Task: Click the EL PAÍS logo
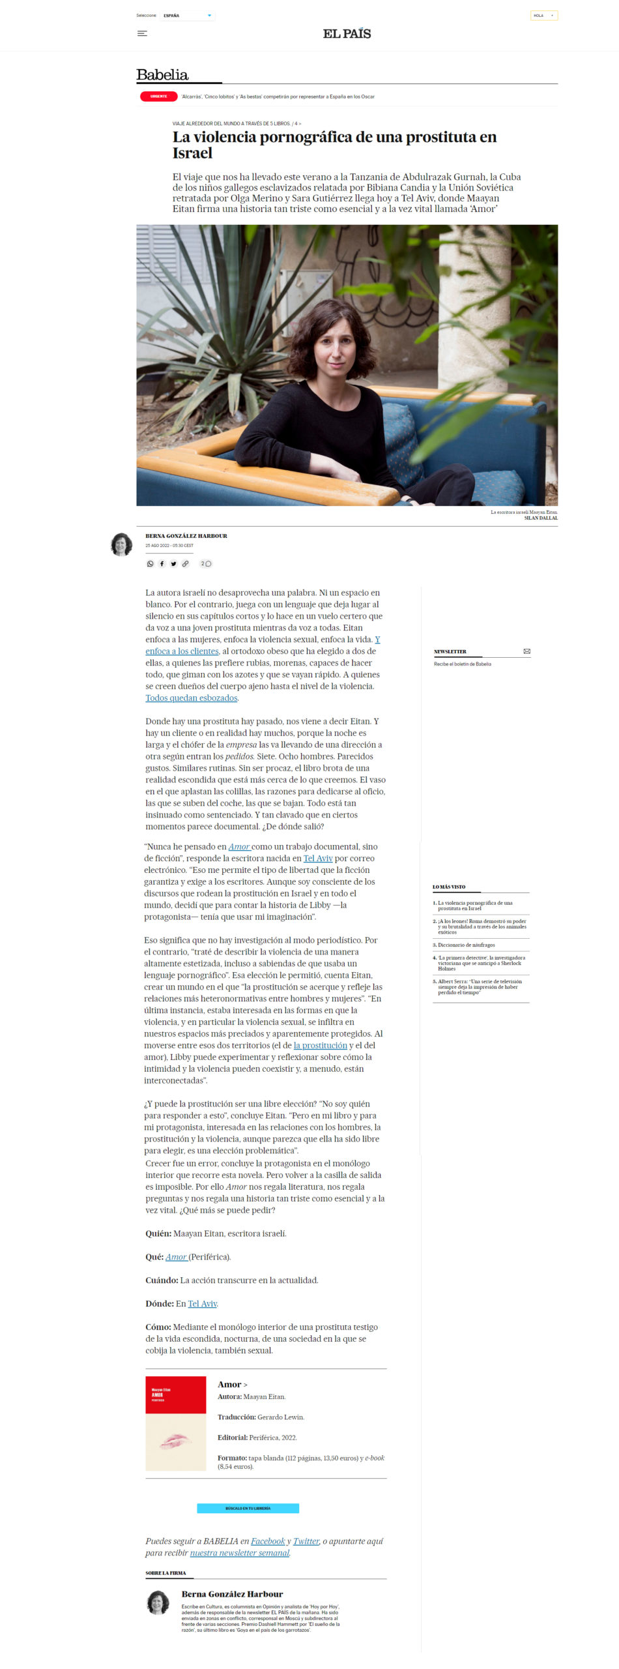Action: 347,34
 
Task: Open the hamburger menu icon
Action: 142,34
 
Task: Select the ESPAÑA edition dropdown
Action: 188,16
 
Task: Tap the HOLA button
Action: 543,16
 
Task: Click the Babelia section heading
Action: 162,75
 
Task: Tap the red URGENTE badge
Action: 158,96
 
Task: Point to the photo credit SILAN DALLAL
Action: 541,518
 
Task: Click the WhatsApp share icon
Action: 151,564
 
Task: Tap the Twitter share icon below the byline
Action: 174,564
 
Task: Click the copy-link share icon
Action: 186,564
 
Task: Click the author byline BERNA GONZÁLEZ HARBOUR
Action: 186,536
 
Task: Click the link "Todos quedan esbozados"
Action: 191,698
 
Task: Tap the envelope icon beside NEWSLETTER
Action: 526,651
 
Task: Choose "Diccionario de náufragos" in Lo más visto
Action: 466,945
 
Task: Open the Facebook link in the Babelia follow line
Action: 268,1541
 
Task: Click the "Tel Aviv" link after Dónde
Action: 202,1303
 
